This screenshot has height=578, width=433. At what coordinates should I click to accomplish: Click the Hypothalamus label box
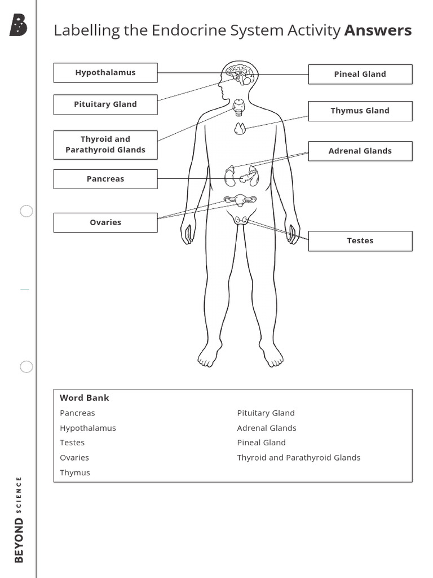tap(105, 73)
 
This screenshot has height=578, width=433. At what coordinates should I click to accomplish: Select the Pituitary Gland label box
tap(105, 104)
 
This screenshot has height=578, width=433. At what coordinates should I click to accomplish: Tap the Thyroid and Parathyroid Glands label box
tap(105, 144)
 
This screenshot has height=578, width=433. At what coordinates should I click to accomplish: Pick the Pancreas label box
tap(105, 179)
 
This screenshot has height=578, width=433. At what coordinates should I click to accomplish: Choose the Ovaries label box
tap(105, 222)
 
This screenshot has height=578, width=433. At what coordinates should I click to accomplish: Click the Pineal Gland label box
tap(360, 74)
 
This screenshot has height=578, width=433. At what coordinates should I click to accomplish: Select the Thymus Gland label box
tap(360, 111)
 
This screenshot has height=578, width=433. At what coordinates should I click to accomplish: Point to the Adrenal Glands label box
tap(360, 151)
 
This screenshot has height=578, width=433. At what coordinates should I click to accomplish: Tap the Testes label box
tap(360, 241)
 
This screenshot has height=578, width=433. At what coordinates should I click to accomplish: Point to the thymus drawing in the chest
tap(240, 129)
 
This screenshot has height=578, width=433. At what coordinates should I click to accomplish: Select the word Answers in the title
tap(378, 30)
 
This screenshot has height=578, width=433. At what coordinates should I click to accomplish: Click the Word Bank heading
tap(85, 398)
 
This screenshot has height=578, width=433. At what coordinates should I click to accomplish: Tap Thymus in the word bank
tap(75, 472)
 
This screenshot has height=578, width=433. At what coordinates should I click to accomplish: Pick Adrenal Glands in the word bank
tap(267, 428)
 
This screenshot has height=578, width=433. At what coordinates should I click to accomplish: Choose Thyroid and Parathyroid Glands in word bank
tap(298, 458)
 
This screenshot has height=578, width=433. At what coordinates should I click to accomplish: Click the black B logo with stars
tap(19, 25)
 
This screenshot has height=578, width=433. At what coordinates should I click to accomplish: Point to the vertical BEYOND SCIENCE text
tap(19, 519)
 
